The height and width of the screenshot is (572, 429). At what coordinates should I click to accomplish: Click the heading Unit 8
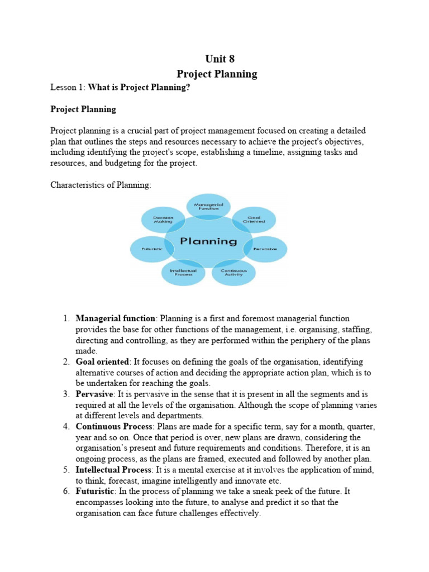tap(217, 59)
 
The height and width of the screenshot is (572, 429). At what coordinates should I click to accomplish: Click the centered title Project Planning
tap(217, 74)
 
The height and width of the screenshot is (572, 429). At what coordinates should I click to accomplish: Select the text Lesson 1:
tap(68, 88)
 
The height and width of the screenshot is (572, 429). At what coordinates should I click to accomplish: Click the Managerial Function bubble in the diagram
tap(208, 207)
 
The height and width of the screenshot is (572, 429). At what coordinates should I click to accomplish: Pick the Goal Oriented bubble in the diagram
tap(254, 220)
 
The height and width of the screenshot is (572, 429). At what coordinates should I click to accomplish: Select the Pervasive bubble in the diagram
tap(265, 249)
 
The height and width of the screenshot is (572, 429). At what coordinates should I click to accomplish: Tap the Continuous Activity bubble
tap(233, 272)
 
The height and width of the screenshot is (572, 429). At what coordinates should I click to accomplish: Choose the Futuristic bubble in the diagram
tap(152, 249)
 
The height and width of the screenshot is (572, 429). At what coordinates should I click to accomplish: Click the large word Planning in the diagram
tap(208, 241)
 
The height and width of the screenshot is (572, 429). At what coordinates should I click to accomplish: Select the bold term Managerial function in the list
tap(116, 318)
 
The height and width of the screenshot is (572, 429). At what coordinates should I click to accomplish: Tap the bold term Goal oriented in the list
tap(102, 362)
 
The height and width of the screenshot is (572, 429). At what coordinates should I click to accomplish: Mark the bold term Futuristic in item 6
tap(96, 492)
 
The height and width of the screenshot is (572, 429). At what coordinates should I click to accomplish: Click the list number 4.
tap(66, 427)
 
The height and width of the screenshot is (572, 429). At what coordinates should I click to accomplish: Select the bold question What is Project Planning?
tap(136, 88)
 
